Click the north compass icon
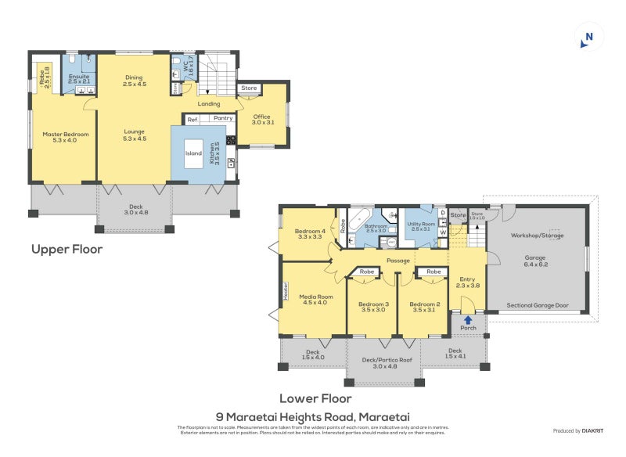tap(588, 38)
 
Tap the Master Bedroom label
tap(65, 139)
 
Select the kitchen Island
tap(193, 153)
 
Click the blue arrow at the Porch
tap(467, 318)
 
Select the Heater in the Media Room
tap(286, 291)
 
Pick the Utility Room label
tap(420, 226)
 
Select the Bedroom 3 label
tap(372, 307)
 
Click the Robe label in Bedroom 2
tap(432, 272)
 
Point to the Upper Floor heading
tap(67, 250)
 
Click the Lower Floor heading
tap(315, 398)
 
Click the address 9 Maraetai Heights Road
tap(313, 416)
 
